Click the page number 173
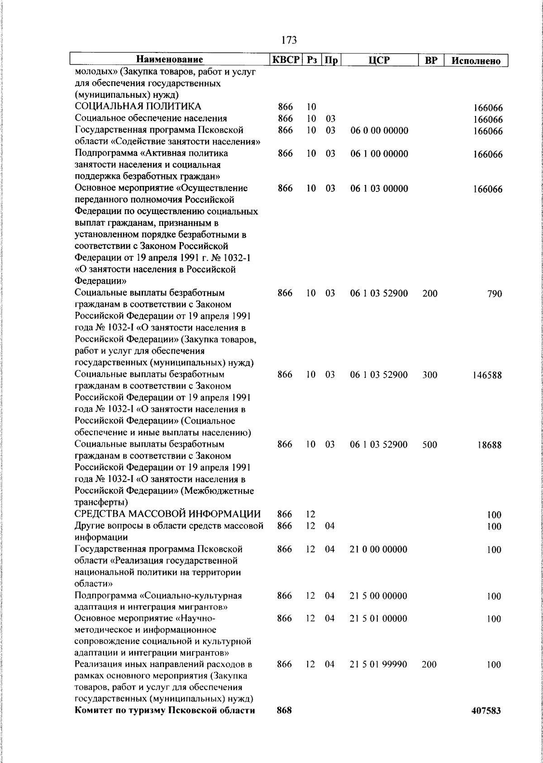click(x=289, y=40)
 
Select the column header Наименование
click(x=170, y=60)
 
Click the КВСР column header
click(x=286, y=60)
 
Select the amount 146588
click(x=487, y=375)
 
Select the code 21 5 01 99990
click(x=379, y=664)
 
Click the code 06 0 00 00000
click(x=379, y=131)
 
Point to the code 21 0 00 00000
click(x=379, y=549)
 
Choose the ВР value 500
click(x=430, y=444)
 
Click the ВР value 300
click(x=430, y=375)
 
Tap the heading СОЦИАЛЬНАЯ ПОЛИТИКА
click(x=138, y=107)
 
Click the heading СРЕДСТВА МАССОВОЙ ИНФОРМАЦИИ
click(x=167, y=514)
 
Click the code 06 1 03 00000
click(x=379, y=189)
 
